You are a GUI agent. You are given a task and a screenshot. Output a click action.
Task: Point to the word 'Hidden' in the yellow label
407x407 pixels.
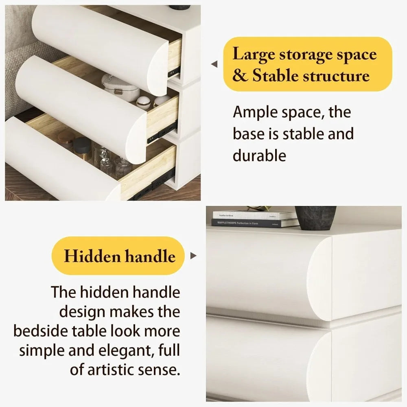click(92, 256)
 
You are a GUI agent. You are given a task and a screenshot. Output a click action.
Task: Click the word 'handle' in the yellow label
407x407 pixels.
click(151, 256)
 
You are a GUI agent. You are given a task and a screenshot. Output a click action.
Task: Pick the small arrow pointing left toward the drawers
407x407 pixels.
click(214, 64)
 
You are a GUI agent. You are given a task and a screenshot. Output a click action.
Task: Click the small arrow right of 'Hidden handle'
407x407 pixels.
click(193, 256)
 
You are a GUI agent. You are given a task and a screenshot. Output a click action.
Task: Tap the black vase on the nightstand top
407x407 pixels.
click(315, 218)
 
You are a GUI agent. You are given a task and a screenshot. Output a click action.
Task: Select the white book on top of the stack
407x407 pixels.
click(254, 215)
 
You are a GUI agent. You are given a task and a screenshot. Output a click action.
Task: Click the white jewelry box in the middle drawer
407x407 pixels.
click(120, 87)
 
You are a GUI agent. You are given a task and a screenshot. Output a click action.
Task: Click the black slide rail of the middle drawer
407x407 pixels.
click(162, 132)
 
